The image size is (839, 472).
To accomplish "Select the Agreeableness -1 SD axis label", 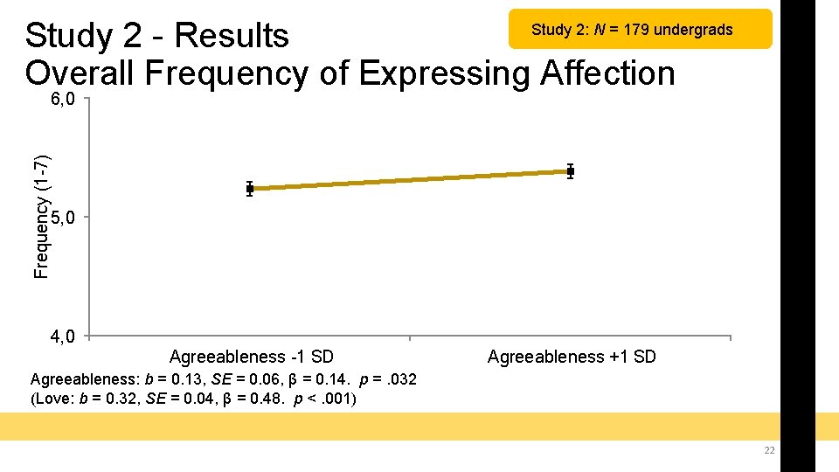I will coord(251,357).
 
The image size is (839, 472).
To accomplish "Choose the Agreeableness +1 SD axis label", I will coord(571,357).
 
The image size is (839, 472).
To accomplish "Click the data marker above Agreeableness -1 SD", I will coord(250,188).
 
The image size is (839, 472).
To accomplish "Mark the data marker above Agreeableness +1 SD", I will coord(571,171).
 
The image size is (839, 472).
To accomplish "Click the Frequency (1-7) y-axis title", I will coord(41,216).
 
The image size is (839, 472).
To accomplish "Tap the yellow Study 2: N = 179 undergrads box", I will coord(641,30).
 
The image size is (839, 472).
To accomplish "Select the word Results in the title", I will coord(231,36).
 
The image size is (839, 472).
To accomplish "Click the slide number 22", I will coord(769,450).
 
